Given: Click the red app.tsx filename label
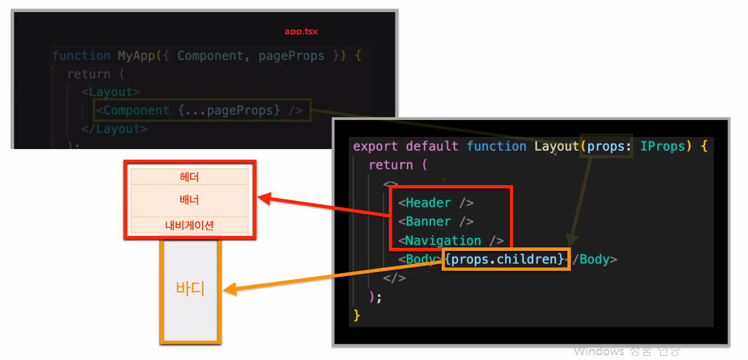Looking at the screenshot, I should pos(301,31).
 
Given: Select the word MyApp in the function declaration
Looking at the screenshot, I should pos(136,56).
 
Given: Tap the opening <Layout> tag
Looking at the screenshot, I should pos(111,92).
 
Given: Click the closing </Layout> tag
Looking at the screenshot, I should pos(115,129).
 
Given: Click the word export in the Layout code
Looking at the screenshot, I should pos(375,147).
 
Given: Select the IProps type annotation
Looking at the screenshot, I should pos(662,147).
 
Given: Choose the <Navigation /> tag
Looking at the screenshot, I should pos(451,241).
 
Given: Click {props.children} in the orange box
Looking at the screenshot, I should pos(506,259).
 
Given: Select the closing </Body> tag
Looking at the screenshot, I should pos(593,260).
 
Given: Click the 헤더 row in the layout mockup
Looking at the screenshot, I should pos(189,177).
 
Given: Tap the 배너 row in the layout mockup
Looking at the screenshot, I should pos(189,200).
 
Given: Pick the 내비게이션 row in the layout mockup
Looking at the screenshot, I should pos(189,225).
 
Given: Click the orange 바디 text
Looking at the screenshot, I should pos(190,288).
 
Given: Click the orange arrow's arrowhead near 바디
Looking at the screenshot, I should pos(228,291).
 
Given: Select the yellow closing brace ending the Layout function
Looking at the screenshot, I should pos(357,315).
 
